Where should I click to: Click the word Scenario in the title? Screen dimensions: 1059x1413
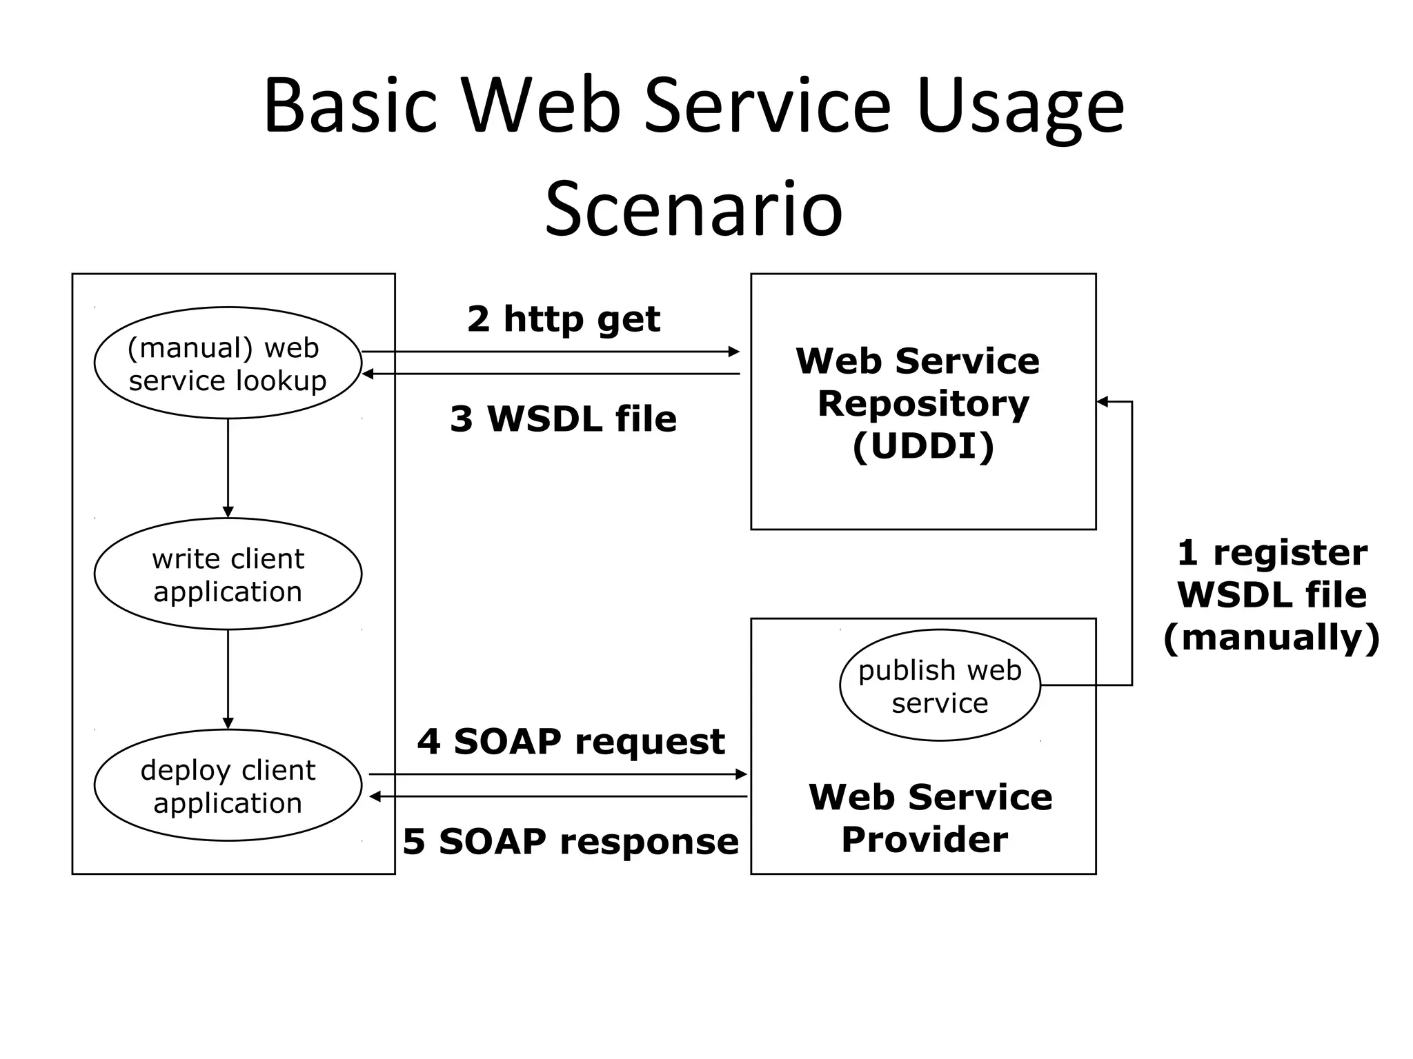click(693, 208)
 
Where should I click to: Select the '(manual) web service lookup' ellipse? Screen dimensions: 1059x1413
click(228, 363)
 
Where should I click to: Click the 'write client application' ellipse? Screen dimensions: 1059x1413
click(228, 574)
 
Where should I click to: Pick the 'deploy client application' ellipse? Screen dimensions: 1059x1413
click(228, 785)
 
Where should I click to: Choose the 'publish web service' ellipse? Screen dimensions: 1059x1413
click(940, 686)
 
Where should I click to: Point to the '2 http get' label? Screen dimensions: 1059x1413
click(563, 319)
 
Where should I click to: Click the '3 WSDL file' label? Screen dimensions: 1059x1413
click(563, 418)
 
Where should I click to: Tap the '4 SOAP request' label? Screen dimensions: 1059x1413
click(571, 741)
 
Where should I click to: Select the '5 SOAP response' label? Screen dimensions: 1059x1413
click(571, 841)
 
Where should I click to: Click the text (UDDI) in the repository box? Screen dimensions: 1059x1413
click(923, 446)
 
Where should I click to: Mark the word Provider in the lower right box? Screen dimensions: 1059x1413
click(925, 840)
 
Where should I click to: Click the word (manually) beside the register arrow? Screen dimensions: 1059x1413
click(1271, 637)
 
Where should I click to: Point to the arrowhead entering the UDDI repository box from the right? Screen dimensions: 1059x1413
click(1103, 401)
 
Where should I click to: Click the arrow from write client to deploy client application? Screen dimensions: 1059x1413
click(228, 679)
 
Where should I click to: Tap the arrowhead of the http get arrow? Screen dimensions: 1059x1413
click(734, 352)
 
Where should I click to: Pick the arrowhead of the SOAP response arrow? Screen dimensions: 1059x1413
click(375, 797)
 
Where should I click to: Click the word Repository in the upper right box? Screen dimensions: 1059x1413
click(923, 403)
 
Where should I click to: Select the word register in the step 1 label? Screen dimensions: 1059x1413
click(1290, 553)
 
